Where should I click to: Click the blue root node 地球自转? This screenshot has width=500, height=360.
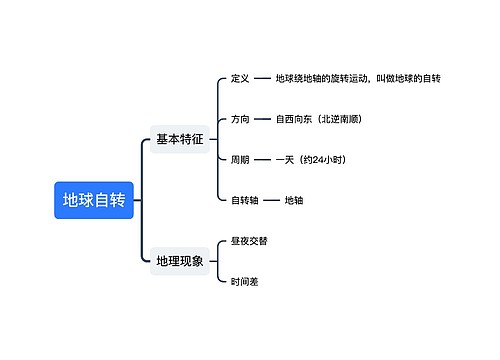(x=94, y=200)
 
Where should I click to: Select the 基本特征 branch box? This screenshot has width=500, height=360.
(x=180, y=140)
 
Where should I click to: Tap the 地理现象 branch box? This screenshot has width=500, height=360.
(x=180, y=261)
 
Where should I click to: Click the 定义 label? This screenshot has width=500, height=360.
(x=240, y=78)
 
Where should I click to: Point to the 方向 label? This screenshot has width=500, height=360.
(x=240, y=119)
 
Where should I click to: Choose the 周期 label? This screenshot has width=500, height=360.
(x=240, y=159)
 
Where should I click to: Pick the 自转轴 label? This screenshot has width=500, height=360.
(x=245, y=200)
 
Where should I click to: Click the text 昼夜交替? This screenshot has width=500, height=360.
(x=249, y=241)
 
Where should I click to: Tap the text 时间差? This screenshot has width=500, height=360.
(x=245, y=282)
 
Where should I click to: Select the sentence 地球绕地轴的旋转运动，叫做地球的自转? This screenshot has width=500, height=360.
(x=358, y=78)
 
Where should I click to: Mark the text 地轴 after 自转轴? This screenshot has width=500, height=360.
(x=294, y=200)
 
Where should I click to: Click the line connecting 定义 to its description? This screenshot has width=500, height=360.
(x=262, y=78)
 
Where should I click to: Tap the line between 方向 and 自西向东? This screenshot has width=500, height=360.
(x=262, y=119)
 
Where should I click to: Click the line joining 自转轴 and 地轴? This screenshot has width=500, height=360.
(x=271, y=200)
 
